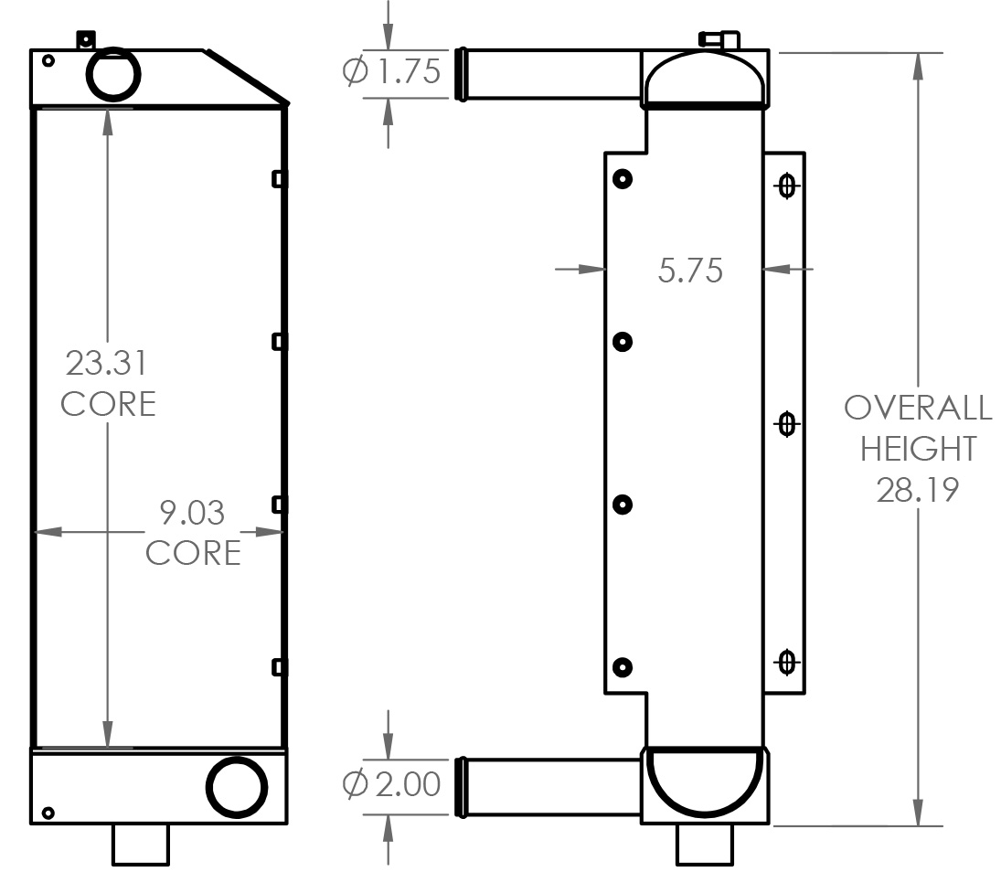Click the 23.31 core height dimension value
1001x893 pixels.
[106, 363]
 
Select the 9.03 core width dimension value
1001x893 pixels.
[192, 513]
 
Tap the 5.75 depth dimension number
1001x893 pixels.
[690, 270]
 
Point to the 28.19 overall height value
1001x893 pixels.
[917, 490]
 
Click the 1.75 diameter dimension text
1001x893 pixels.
[404, 72]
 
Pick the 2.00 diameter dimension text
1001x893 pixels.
[404, 783]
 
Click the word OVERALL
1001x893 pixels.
[917, 408]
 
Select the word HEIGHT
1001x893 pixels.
[917, 449]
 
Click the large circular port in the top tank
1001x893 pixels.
[112, 72]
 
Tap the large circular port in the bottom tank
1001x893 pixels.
[237, 786]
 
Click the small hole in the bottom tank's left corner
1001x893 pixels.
[48, 813]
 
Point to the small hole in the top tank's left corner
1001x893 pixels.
[48, 61]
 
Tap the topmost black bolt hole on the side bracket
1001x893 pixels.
[623, 179]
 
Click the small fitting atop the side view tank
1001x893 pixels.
[719, 39]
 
